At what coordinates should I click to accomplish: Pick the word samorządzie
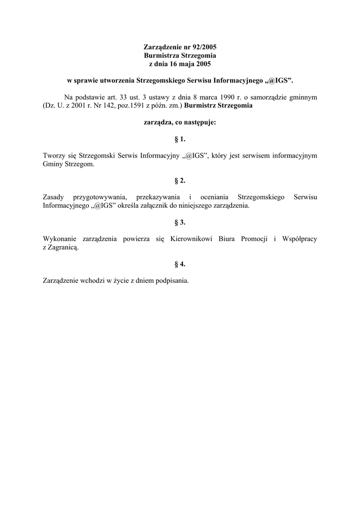[x=275, y=97]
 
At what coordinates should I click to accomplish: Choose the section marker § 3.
[x=180, y=222]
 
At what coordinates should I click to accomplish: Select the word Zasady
[x=54, y=197]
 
